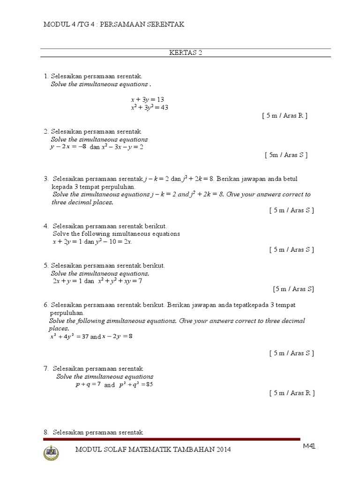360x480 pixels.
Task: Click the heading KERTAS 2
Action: coord(185,52)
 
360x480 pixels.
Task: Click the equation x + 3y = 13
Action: coord(147,99)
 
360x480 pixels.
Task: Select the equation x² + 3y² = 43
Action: coord(150,107)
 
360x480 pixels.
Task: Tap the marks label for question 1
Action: coord(285,115)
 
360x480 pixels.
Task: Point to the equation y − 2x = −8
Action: coord(68,147)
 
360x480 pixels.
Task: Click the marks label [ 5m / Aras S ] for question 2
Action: coord(286,155)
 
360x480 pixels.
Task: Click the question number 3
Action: coord(46,179)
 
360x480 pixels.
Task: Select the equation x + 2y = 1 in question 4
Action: coord(67,241)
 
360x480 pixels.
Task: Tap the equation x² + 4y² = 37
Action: coord(69,336)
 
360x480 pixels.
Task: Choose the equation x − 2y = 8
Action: coord(118,336)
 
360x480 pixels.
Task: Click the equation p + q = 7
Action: coord(88,384)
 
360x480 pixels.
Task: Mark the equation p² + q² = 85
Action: coord(136,384)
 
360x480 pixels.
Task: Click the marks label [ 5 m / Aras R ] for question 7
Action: coord(292,393)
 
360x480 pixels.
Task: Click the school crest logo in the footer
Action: coord(51,453)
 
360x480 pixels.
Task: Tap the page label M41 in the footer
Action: coord(309,446)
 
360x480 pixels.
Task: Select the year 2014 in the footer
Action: coord(223,450)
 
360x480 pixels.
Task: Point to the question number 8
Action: coord(46,432)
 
